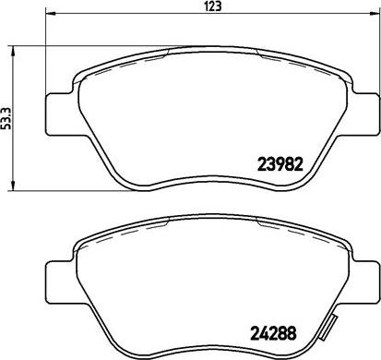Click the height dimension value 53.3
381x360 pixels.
click(6, 118)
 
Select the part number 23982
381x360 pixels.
click(280, 164)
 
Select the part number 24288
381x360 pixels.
click(274, 333)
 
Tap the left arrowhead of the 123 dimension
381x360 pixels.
click(50, 14)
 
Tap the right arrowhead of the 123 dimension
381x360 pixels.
click(374, 14)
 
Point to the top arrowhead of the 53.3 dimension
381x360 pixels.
click(13, 51)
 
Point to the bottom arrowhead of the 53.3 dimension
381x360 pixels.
click(13, 186)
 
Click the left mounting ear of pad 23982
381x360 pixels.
click(60, 114)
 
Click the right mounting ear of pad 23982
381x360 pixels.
click(364, 114)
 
